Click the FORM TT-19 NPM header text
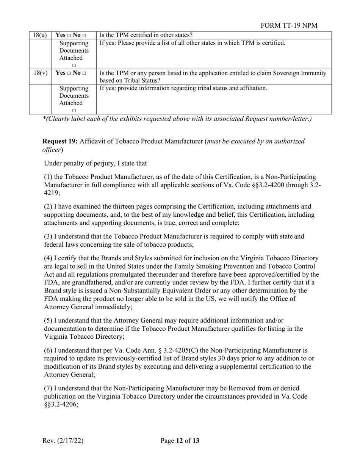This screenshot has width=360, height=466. [x=289, y=25]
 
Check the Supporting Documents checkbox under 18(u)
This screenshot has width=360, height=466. [x=74, y=66]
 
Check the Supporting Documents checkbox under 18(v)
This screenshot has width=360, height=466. [x=74, y=111]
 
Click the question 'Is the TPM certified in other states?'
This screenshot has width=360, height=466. [x=146, y=35]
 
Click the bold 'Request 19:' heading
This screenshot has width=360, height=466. [x=60, y=141]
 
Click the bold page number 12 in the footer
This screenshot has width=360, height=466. [x=180, y=441]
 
